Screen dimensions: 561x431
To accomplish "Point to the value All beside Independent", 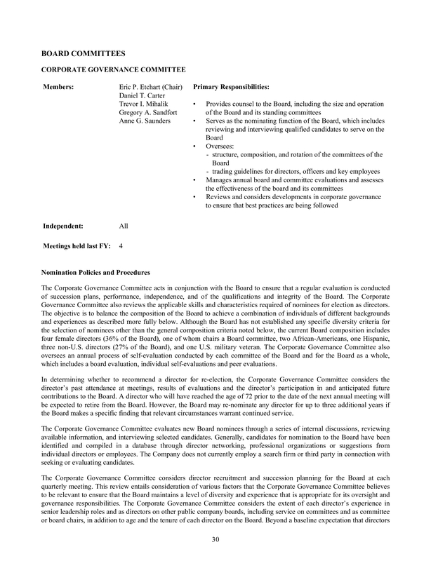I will [x=124, y=227].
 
